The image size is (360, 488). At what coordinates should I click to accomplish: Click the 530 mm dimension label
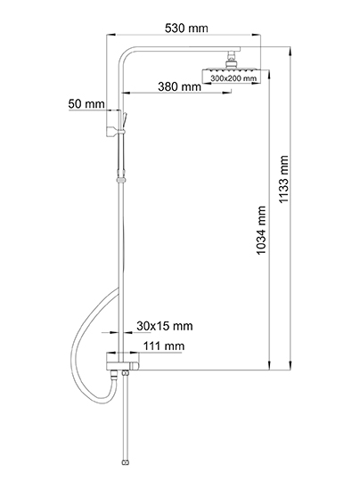coord(186,28)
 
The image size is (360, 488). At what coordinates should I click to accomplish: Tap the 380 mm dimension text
coord(179,86)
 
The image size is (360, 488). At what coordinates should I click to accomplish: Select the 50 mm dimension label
coord(86,103)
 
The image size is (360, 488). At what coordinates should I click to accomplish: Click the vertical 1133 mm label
coord(283,179)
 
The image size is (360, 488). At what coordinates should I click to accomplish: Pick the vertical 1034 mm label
coord(261,231)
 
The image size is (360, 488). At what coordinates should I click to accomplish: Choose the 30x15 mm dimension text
coord(165,326)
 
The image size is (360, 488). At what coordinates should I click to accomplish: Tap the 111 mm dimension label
coord(164,346)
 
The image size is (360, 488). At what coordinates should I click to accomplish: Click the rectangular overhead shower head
coord(231,75)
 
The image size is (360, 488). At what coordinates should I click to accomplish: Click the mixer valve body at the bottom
coord(122,362)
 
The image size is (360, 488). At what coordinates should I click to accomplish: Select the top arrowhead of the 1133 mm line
coord(290,52)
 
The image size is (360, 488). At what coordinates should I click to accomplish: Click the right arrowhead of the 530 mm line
coord(256,35)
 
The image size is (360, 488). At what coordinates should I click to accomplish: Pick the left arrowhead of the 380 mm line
coord(126,93)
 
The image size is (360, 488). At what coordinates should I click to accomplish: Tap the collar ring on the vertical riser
coord(121,180)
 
